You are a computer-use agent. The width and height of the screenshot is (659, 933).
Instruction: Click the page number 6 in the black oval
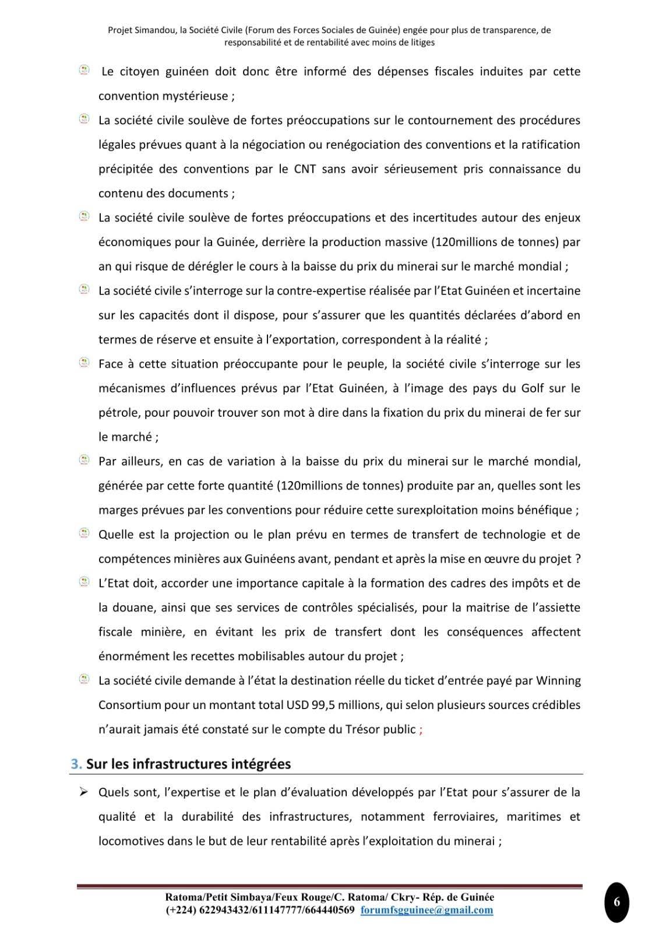click(616, 902)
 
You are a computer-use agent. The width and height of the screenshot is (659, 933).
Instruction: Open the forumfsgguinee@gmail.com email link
click(427, 910)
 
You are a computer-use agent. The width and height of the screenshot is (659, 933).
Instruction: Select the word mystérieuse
click(191, 96)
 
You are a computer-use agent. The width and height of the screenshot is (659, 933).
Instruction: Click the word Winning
click(558, 681)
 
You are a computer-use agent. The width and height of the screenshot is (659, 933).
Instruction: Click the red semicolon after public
click(421, 730)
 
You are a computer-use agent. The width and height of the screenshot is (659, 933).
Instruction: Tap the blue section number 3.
click(75, 764)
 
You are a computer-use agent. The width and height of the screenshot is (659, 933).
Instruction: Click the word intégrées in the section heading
click(258, 764)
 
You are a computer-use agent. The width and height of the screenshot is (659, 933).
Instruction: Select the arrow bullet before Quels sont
click(83, 792)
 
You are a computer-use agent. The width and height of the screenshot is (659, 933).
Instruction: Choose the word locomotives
click(131, 841)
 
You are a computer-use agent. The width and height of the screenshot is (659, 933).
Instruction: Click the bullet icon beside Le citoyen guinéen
click(84, 71)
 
